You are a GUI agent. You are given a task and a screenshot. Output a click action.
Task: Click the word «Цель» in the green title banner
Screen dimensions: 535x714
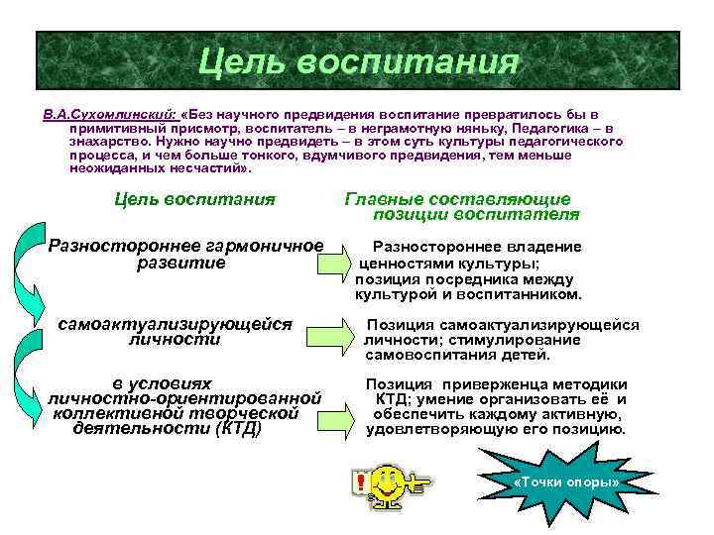pyautogui.click(x=242, y=61)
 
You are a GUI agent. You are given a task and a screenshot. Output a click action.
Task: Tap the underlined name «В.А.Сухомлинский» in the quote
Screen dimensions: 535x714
pyautogui.click(x=109, y=115)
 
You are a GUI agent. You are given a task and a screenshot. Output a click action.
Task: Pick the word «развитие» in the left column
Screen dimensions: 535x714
pyautogui.click(x=179, y=264)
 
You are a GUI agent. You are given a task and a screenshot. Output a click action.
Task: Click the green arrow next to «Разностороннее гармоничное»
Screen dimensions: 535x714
pyautogui.click(x=335, y=264)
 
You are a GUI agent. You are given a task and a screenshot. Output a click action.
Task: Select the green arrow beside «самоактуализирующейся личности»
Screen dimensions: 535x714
pyautogui.click(x=335, y=340)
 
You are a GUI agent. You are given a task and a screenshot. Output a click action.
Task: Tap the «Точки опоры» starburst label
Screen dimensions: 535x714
pyautogui.click(x=566, y=482)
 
